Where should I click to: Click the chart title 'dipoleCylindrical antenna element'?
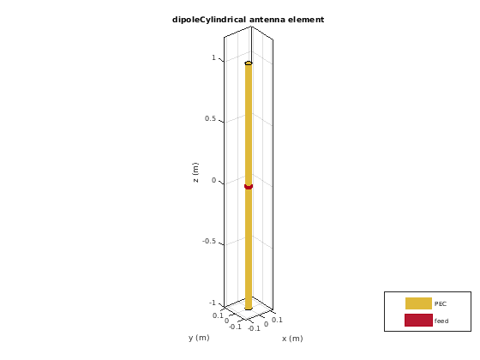[248, 20]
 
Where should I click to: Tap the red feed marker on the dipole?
[249, 187]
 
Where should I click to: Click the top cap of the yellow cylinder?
[249, 63]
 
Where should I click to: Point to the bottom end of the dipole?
[249, 309]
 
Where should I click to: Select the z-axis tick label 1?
[213, 57]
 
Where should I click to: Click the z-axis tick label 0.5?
[210, 118]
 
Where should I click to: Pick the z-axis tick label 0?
[213, 180]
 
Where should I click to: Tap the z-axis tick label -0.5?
[209, 241]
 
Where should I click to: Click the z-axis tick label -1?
[213, 303]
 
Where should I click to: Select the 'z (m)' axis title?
[195, 172]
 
